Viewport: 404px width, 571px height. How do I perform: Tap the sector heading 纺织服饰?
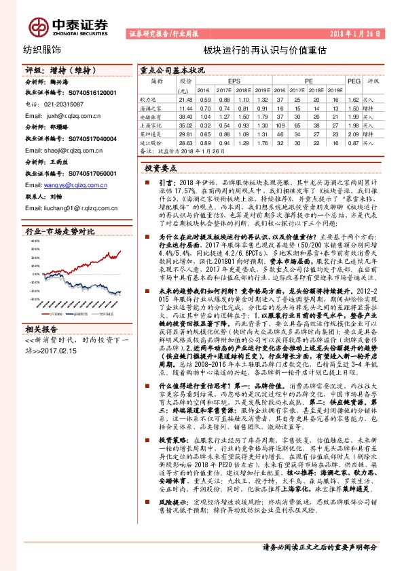pos(42,50)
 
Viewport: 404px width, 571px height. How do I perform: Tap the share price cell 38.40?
pos(184,117)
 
